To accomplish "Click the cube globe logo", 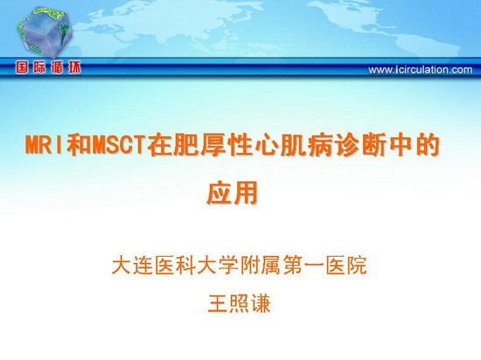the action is (45, 32).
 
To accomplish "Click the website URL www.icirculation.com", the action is (421, 70).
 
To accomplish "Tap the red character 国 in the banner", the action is (22, 67).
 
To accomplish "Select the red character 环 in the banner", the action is (74, 67).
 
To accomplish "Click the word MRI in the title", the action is (45, 144).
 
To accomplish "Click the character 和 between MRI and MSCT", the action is (79, 144).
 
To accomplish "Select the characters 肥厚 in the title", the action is (186, 144).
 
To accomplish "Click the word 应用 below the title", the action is (233, 193).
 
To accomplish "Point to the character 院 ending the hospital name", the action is (357, 265).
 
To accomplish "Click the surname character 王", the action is (218, 303).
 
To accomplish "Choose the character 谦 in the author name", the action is (261, 303).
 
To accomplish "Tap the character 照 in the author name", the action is (240, 303).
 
